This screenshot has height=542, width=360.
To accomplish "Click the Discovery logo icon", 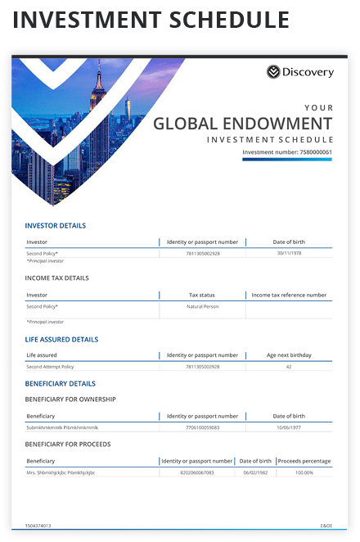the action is pyautogui.click(x=273, y=72).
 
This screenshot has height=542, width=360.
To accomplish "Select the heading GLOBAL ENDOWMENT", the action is pyautogui.click(x=242, y=124).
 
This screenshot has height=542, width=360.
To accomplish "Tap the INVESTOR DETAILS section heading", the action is pyautogui.click(x=55, y=225).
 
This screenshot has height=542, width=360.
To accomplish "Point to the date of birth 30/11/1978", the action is pyautogui.click(x=289, y=253).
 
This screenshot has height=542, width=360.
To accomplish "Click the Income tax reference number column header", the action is pyautogui.click(x=289, y=295).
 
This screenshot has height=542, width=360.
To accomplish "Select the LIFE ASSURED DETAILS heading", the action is pyautogui.click(x=61, y=339).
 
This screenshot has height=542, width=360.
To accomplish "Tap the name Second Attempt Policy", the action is pyautogui.click(x=50, y=367).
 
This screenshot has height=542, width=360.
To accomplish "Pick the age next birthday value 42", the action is pyautogui.click(x=289, y=367).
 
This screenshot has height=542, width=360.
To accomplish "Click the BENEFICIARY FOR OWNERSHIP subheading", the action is pyautogui.click(x=70, y=399).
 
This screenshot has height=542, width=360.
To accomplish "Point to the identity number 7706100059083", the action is pyautogui.click(x=203, y=427).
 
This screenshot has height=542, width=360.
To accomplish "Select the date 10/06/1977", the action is pyautogui.click(x=289, y=427).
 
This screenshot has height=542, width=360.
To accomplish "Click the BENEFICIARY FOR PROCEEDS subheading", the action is pyautogui.click(x=68, y=444).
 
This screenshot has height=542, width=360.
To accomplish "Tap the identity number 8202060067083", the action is pyautogui.click(x=196, y=472).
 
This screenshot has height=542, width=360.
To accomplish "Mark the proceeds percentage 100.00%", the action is pyautogui.click(x=304, y=472).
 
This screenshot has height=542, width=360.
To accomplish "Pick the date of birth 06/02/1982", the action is pyautogui.click(x=254, y=472).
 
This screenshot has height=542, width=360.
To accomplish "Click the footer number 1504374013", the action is pyautogui.click(x=38, y=526).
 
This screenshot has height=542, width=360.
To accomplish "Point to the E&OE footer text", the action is pyautogui.click(x=326, y=526).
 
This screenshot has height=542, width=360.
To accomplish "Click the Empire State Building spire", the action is pyautogui.click(x=97, y=70).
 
